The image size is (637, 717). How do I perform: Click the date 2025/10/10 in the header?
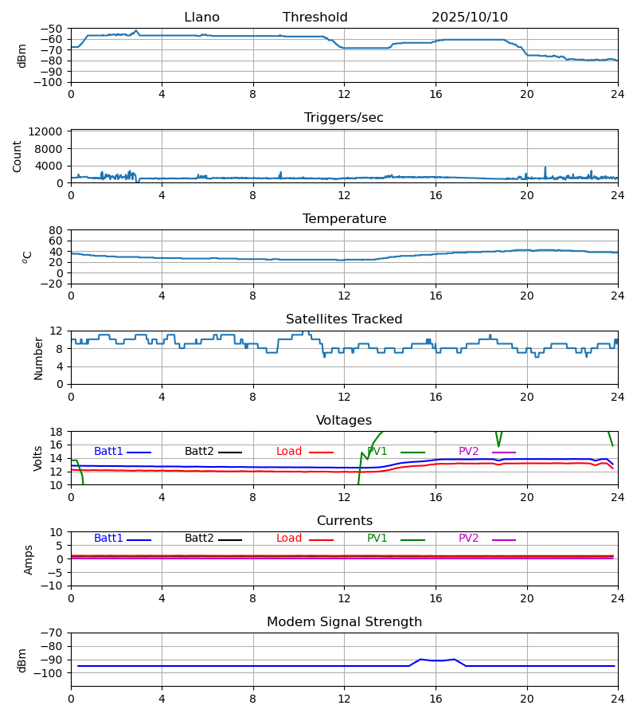pyautogui.click(x=470, y=18)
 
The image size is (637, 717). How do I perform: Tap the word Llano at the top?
pyautogui.click(x=201, y=18)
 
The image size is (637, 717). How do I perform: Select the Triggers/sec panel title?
pyautogui.click(x=344, y=118)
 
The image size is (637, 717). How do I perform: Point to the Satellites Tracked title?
pyautogui.click(x=344, y=319)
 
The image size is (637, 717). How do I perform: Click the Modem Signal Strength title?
pyautogui.click(x=344, y=622)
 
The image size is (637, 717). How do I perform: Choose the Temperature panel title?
pyautogui.click(x=344, y=219)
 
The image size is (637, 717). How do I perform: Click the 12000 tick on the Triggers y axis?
pyautogui.click(x=50, y=131)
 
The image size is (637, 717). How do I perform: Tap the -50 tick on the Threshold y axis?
pyautogui.click(x=53, y=29)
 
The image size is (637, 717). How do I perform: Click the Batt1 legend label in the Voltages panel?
pyautogui.click(x=108, y=452)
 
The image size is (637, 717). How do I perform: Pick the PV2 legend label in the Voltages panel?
pyautogui.click(x=469, y=452)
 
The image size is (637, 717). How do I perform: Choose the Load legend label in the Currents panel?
pyautogui.click(x=289, y=539)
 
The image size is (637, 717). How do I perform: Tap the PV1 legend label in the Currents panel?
pyautogui.click(x=377, y=539)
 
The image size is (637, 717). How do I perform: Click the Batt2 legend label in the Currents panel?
pyautogui.click(x=199, y=539)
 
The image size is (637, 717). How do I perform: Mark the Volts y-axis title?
pyautogui.click(x=38, y=458)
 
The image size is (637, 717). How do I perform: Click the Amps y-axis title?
pyautogui.click(x=29, y=559)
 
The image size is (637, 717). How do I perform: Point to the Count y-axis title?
pyautogui.click(x=18, y=156)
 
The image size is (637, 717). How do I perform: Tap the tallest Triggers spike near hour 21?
pyautogui.click(x=545, y=168)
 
